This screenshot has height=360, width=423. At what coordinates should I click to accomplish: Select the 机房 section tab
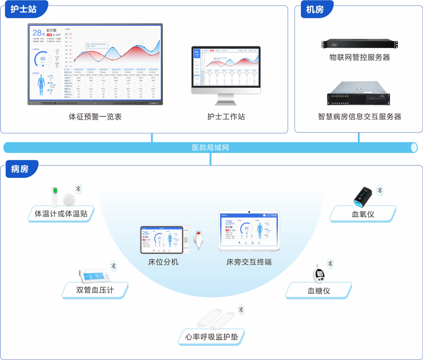[x=315, y=9]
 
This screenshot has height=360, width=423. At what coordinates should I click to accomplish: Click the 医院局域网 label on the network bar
[x=210, y=148]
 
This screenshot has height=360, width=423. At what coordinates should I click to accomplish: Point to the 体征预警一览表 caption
[x=95, y=117]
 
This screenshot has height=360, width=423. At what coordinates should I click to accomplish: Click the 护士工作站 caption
[x=226, y=117]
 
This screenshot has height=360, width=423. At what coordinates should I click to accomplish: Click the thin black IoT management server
[x=359, y=44]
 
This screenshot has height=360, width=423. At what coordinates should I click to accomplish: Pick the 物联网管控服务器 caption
[x=359, y=57]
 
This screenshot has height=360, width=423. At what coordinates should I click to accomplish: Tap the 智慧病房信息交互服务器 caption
[x=359, y=117]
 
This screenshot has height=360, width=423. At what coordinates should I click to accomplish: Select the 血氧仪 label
[x=363, y=214]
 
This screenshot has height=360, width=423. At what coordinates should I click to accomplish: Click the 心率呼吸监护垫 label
[x=211, y=337]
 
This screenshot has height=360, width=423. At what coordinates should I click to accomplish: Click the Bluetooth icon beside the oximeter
[x=380, y=190]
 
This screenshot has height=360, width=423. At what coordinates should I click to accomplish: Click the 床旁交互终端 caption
[x=249, y=262]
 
